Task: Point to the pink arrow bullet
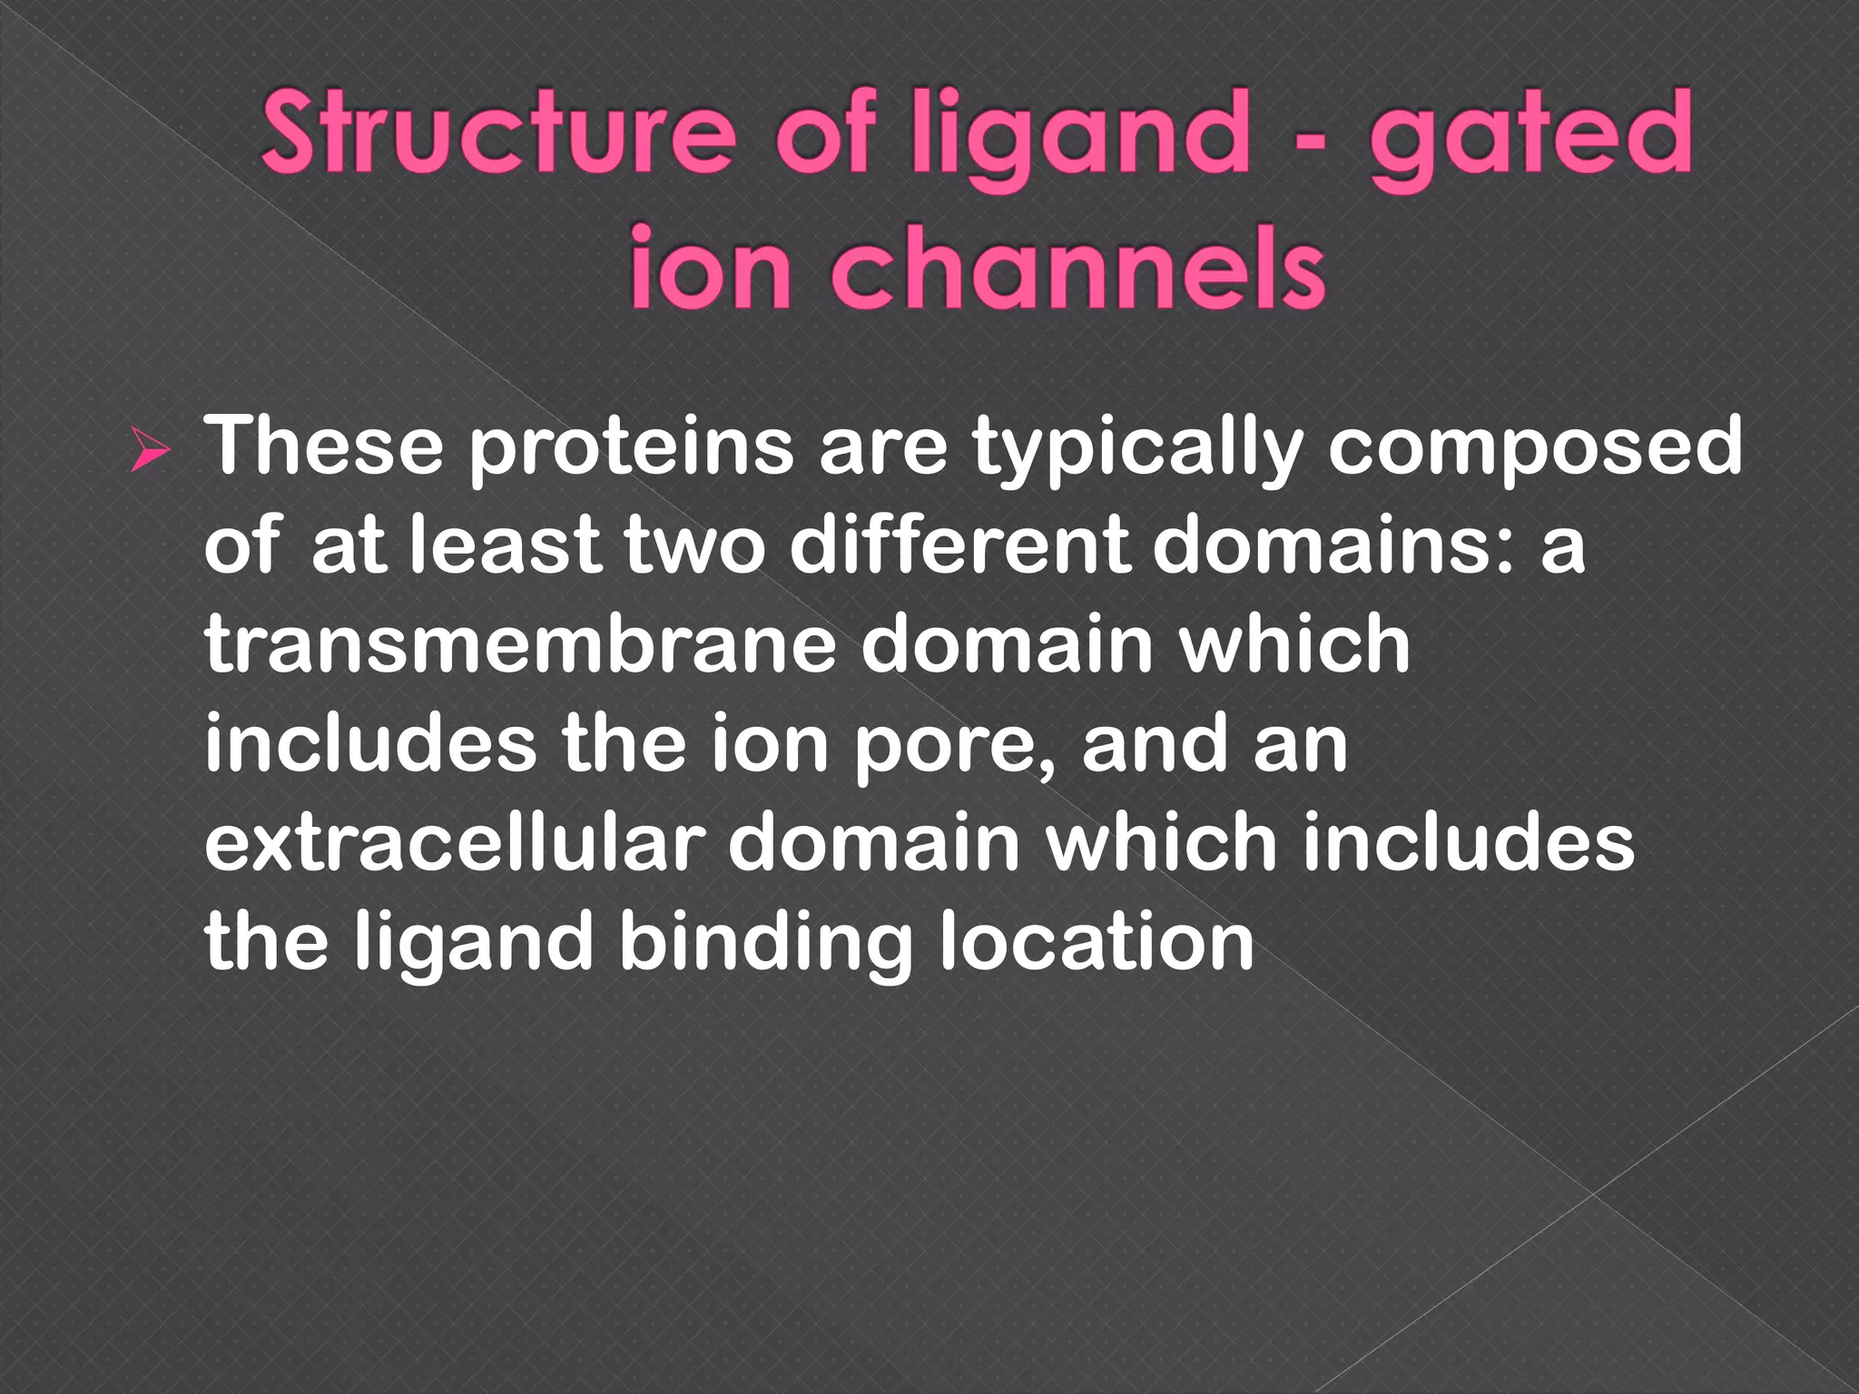(148, 451)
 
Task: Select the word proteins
(631, 447)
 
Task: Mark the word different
(959, 545)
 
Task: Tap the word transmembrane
(520, 643)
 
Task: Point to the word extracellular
(455, 842)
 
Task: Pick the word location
(1096, 942)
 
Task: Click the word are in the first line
(883, 447)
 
